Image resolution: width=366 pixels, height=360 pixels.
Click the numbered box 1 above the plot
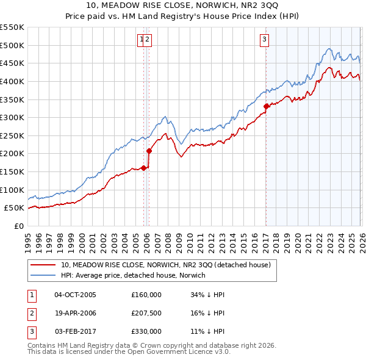coord(142,40)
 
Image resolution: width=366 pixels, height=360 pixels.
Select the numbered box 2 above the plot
coord(148,40)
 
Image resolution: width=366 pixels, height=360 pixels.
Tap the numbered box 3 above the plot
coord(265,40)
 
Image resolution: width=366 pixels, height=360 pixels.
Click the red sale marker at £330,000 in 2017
coord(266,106)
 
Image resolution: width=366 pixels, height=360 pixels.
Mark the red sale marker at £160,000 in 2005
coord(144,168)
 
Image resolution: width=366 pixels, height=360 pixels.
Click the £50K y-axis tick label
coord(14,207)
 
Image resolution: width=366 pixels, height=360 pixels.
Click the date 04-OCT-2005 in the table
coord(75,295)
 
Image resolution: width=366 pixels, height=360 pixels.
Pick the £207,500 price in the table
coord(146,313)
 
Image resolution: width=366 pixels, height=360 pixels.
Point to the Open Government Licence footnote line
coord(129,352)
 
